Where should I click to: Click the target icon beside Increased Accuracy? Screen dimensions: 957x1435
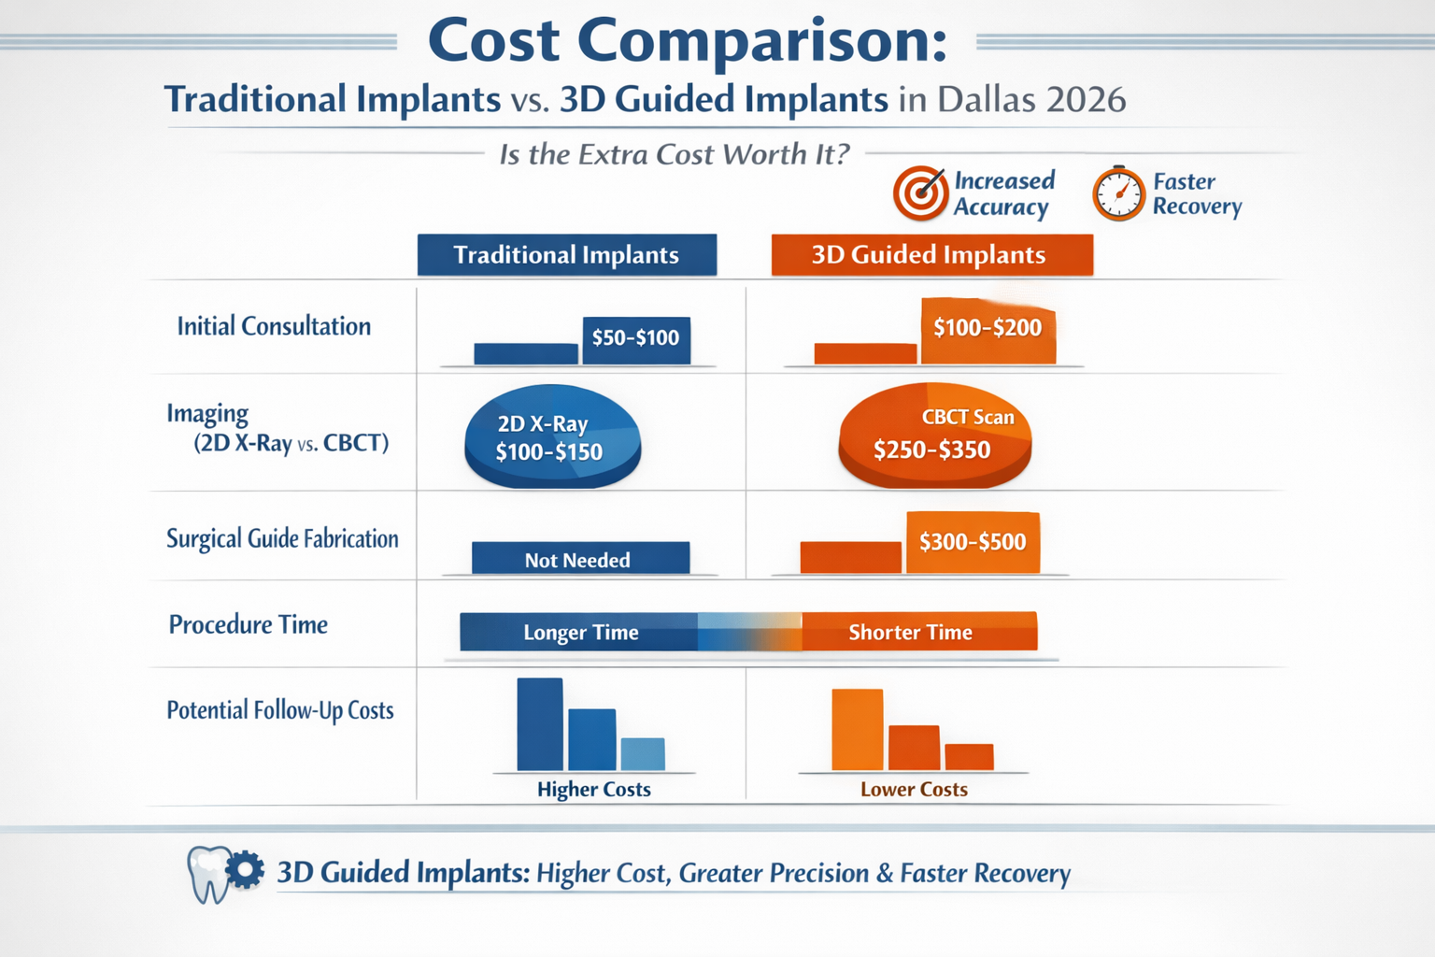point(920,193)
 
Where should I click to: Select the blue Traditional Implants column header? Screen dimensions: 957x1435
point(566,255)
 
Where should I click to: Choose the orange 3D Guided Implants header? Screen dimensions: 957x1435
point(931,255)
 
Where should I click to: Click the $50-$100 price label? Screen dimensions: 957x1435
point(635,338)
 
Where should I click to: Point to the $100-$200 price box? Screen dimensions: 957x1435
point(987,329)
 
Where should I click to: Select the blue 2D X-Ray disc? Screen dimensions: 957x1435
point(552,437)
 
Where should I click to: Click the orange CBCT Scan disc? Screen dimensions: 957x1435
point(934,436)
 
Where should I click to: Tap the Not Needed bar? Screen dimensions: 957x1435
point(579,559)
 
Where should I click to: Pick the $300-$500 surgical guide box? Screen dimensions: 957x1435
point(973,542)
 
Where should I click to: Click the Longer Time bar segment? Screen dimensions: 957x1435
point(579,633)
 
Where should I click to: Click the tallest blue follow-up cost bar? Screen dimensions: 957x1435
point(540,724)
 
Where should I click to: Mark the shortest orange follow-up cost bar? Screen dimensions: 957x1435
point(969,756)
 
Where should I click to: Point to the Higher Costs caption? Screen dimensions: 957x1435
point(593,790)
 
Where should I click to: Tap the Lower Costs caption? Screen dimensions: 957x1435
point(914,790)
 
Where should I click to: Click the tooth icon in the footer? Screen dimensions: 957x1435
point(208,874)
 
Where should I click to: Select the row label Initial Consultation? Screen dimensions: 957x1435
point(274,326)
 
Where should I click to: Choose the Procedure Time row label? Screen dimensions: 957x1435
point(248,624)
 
